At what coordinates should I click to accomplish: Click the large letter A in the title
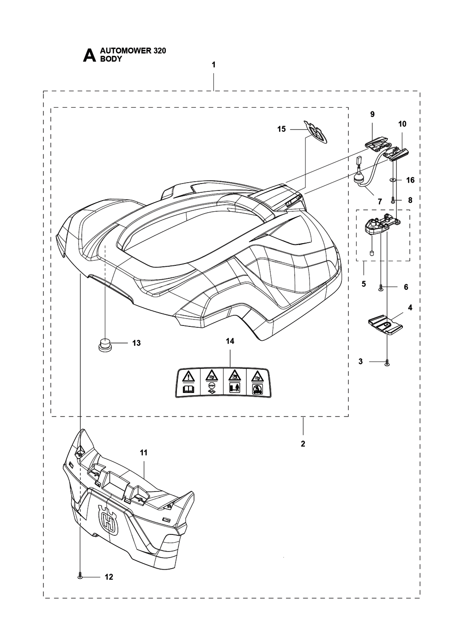(x=89, y=55)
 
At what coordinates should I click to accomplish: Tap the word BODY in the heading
(x=111, y=59)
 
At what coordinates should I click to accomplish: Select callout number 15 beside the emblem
(x=281, y=129)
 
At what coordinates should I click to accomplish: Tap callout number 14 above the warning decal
(x=230, y=341)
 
